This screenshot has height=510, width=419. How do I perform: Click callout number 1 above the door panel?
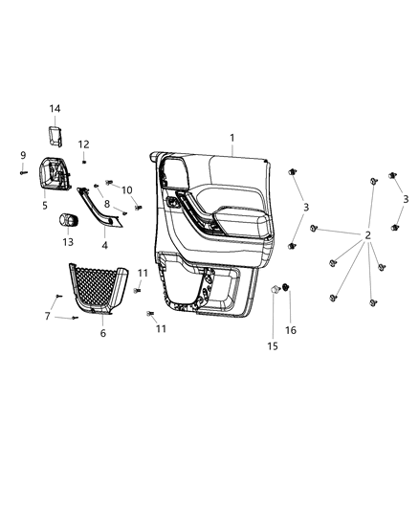[232, 138]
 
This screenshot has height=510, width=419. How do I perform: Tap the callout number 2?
[367, 236]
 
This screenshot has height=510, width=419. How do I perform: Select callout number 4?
[104, 246]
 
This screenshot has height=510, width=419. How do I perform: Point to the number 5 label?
[44, 204]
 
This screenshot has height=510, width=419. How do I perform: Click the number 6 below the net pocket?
[102, 333]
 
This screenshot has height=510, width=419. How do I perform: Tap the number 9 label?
[22, 154]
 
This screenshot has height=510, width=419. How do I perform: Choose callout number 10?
[127, 189]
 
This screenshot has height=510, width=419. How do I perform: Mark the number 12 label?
[83, 144]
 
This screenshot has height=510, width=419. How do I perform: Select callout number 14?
[55, 109]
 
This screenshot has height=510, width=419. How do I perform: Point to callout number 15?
[273, 345]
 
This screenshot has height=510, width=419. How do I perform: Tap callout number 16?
[292, 329]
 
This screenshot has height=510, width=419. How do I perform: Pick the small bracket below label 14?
[56, 134]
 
